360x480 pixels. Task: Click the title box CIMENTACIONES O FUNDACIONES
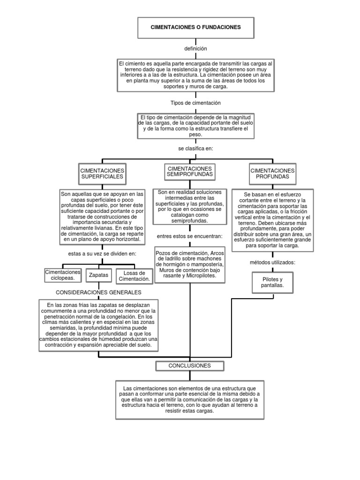(195, 28)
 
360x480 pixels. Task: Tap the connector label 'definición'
(195, 49)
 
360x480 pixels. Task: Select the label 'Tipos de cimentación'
(195, 103)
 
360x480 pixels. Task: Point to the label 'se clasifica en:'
(195, 149)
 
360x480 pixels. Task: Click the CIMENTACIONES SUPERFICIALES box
(102, 174)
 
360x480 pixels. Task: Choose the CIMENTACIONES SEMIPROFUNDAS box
(190, 172)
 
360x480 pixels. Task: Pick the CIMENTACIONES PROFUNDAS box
(273, 174)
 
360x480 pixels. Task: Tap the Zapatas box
(98, 275)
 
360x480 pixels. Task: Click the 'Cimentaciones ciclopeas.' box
(62, 275)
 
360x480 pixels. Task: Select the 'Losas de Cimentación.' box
(135, 276)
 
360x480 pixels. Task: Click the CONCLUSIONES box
(190, 366)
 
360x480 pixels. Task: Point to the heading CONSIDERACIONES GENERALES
(98, 292)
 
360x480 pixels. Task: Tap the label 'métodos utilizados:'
(272, 262)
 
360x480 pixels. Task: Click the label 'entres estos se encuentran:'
(189, 236)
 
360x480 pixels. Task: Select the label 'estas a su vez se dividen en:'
(102, 254)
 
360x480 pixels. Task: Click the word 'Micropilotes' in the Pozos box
(202, 276)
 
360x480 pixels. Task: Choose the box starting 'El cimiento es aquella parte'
(195, 75)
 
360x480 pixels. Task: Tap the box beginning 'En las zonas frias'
(98, 326)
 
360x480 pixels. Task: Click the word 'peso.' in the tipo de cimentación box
(195, 134)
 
